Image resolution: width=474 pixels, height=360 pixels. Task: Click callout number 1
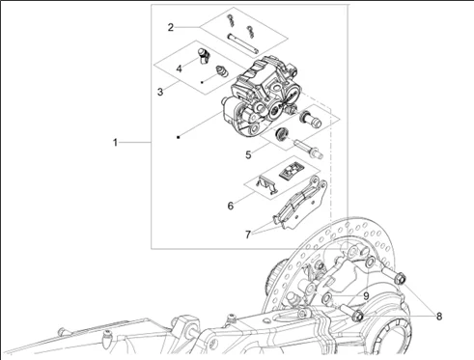(116, 142)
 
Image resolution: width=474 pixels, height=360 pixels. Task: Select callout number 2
(171, 27)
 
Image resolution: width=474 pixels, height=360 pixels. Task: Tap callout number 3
(160, 92)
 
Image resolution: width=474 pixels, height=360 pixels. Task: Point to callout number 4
(179, 69)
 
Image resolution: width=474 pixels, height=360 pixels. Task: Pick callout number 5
(248, 154)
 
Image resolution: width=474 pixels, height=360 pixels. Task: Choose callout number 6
(231, 206)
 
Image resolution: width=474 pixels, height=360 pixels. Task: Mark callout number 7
(248, 235)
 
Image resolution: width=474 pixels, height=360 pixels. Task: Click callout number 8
(439, 317)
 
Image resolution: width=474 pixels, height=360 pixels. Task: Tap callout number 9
(366, 296)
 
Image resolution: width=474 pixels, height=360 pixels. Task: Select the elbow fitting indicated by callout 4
(204, 56)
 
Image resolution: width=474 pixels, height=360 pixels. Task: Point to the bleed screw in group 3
(222, 71)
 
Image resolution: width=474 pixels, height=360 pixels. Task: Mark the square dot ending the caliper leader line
(178, 137)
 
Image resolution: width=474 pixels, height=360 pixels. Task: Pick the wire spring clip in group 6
(266, 184)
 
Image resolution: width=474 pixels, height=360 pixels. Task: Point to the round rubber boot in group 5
(282, 133)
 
